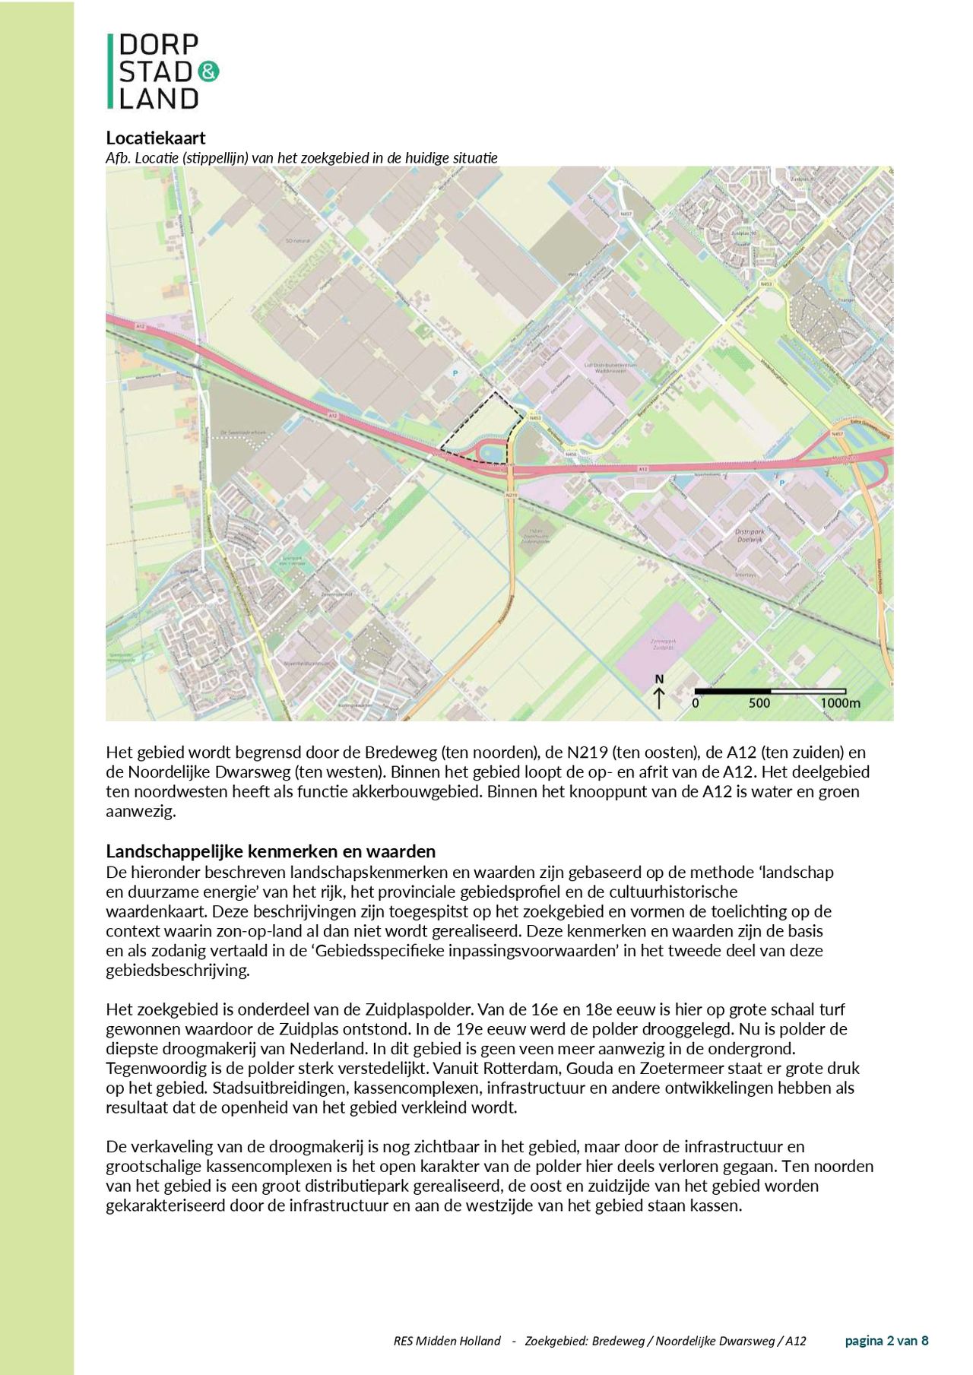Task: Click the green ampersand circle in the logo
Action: [208, 72]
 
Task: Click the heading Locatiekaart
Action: [156, 138]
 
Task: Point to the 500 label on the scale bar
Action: [759, 703]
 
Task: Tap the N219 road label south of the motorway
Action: [512, 495]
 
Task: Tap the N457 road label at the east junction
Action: [838, 433]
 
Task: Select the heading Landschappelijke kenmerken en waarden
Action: [271, 851]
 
